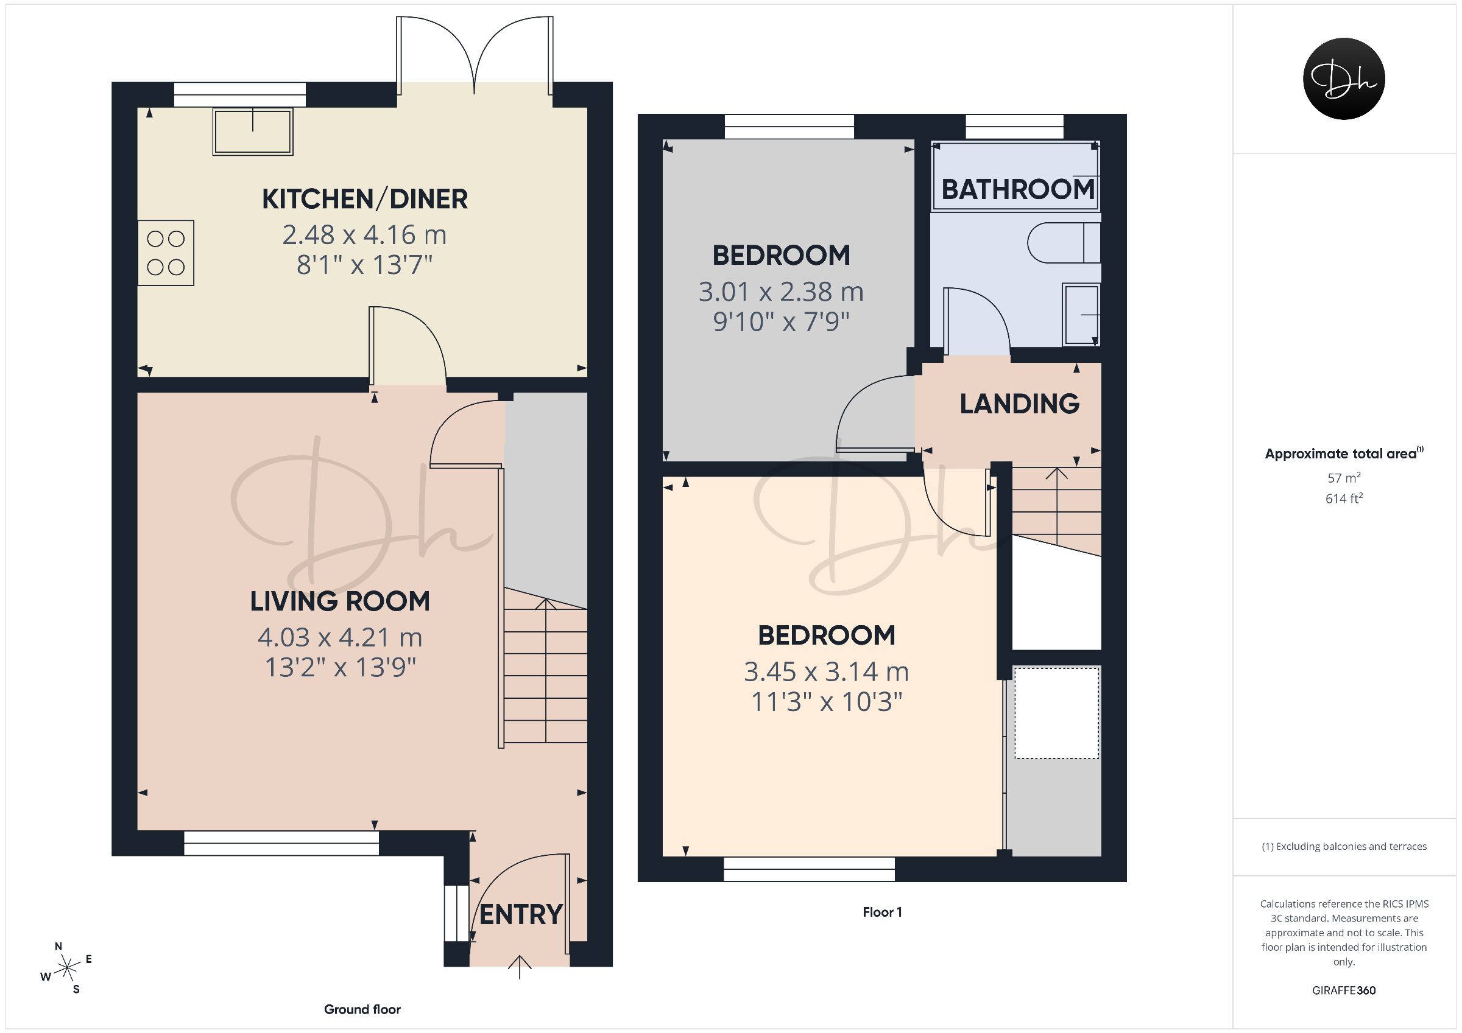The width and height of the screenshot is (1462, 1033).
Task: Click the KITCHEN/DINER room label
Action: (365, 199)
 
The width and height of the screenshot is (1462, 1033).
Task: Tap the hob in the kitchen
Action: (166, 253)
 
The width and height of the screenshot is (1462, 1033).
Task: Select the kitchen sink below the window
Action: (253, 131)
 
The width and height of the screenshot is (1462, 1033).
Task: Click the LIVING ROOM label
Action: (340, 601)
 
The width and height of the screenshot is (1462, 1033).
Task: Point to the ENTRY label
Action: (521, 915)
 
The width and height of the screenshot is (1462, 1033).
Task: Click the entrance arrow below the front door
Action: (520, 966)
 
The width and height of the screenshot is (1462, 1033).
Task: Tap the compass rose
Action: (66, 968)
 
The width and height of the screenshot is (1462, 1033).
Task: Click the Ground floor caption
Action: (362, 1009)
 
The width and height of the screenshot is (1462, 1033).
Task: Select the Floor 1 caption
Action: (882, 912)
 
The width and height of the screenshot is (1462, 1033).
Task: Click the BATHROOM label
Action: (1018, 190)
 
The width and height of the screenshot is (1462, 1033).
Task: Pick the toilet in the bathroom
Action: (1064, 242)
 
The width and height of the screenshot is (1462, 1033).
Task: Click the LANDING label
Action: (1020, 404)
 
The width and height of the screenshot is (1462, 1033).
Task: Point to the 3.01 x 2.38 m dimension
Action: (782, 292)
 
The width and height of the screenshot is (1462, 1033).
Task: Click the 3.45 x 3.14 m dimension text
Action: (827, 672)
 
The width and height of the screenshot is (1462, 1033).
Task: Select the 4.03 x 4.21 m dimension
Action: (340, 637)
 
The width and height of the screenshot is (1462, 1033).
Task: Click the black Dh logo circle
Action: (1344, 79)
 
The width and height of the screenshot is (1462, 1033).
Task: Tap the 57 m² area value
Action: (1344, 477)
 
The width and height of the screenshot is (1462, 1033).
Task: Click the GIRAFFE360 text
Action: (1344, 990)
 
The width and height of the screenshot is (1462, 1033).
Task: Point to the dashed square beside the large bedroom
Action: (1057, 713)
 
